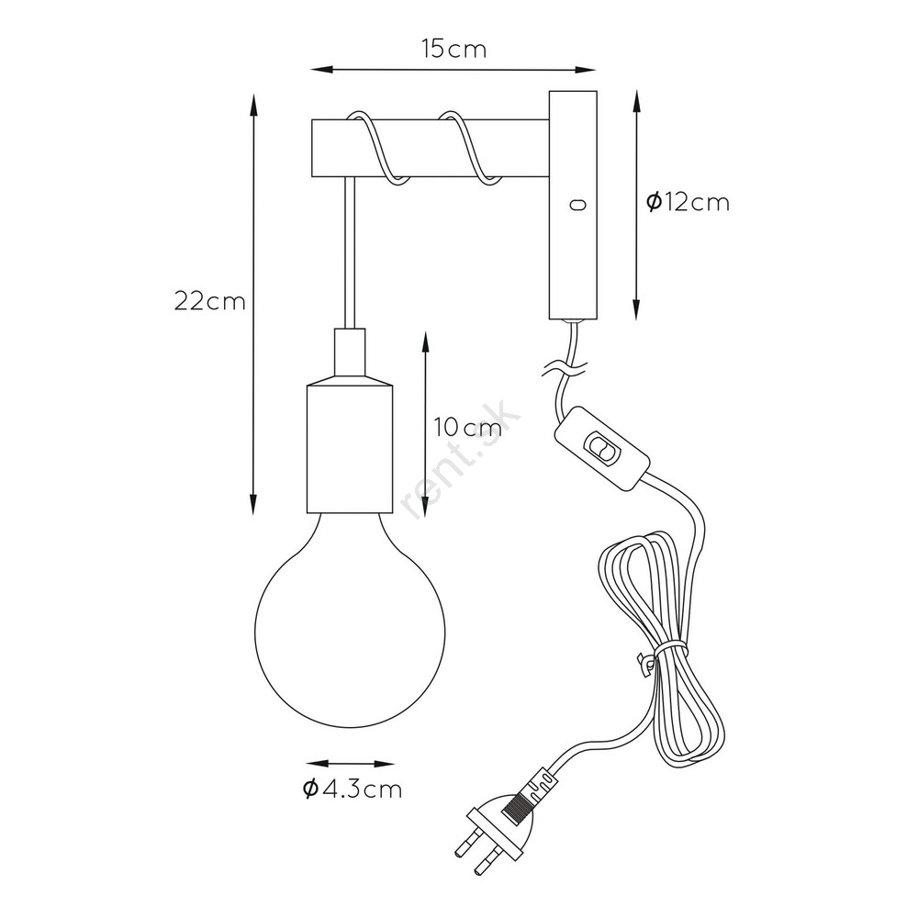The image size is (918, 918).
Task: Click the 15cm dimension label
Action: tap(453, 50)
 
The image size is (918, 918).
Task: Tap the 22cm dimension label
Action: tap(209, 301)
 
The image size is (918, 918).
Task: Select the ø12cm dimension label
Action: tap(688, 203)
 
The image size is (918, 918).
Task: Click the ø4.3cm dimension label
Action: tap(353, 789)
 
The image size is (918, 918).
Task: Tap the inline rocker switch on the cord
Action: tap(602, 449)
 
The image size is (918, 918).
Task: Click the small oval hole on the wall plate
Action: tap(577, 205)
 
